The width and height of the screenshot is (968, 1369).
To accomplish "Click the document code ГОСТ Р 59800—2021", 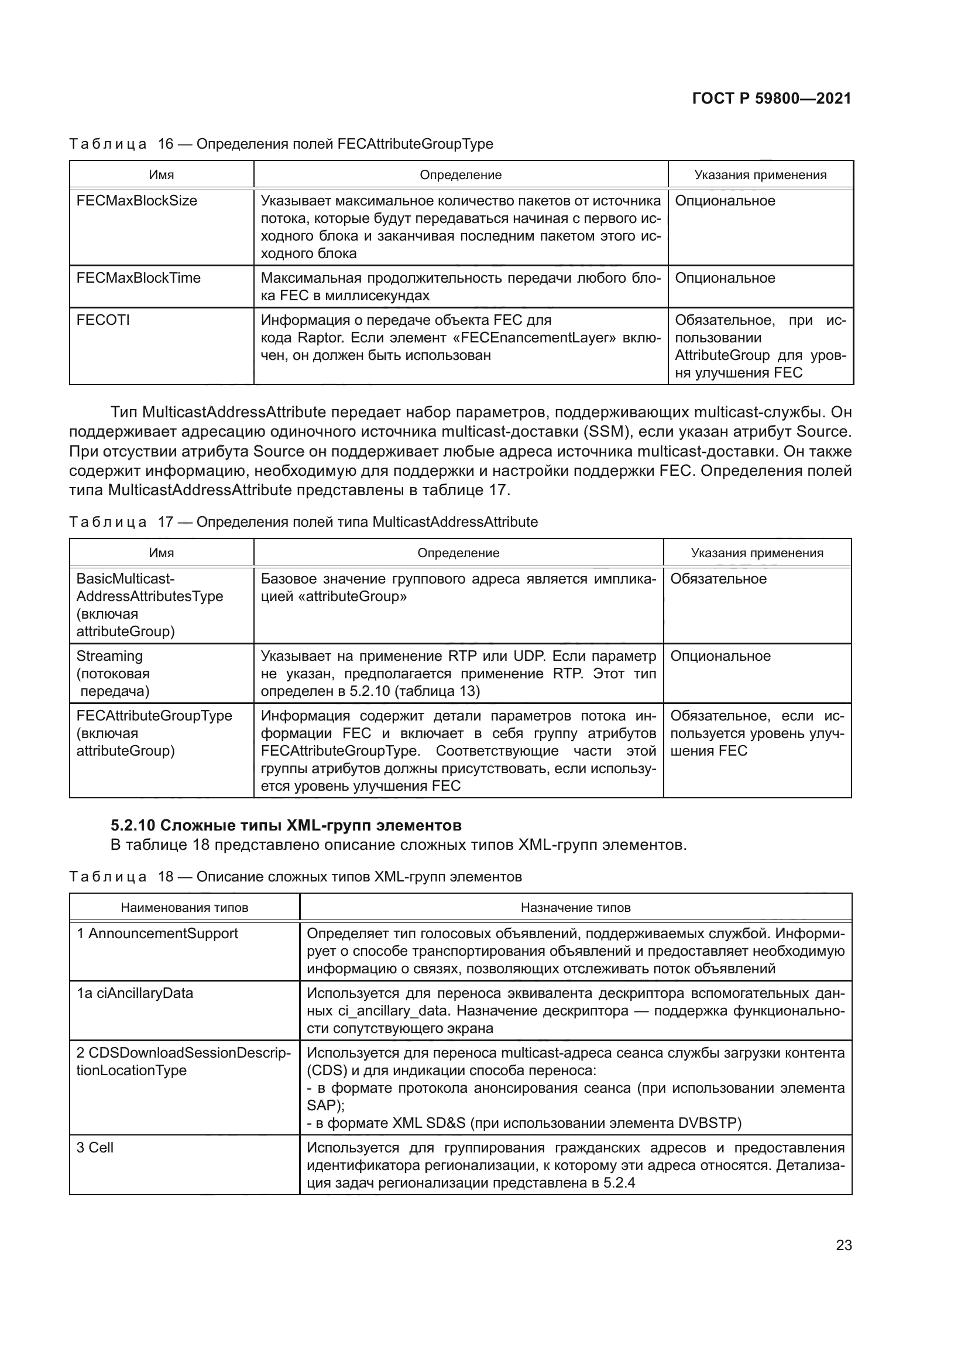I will [771, 98].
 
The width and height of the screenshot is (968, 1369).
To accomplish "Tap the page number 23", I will [843, 1246].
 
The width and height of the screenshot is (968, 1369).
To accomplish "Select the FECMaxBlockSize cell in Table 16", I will [136, 201].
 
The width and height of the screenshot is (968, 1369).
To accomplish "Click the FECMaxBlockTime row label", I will [138, 279].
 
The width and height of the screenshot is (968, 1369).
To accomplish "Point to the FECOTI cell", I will [102, 320].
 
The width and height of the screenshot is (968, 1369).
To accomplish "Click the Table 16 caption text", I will [281, 144].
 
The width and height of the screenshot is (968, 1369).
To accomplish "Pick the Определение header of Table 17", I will [458, 553].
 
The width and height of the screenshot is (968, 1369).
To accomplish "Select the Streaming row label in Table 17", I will [109, 657].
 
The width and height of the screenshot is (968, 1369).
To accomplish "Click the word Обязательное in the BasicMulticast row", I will [718, 579].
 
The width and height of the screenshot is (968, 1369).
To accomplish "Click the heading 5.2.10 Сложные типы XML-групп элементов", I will [286, 826].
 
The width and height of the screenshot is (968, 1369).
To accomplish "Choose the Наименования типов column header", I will [184, 908].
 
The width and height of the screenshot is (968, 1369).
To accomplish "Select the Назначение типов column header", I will [575, 908].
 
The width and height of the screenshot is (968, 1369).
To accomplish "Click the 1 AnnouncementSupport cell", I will [157, 934].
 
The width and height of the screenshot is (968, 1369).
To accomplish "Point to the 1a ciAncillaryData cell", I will [135, 993].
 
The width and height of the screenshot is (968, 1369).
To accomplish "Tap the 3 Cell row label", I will [95, 1148].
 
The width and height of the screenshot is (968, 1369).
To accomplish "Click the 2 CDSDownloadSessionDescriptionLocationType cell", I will [184, 1062].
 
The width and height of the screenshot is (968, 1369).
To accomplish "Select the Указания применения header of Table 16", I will [760, 174].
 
